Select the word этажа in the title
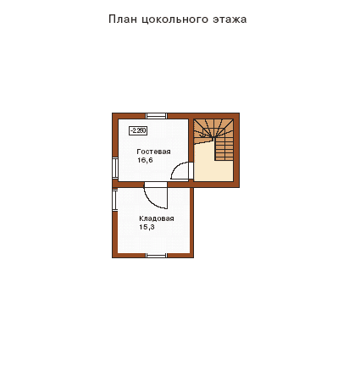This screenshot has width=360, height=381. [230, 19]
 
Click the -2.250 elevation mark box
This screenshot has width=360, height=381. [138, 130]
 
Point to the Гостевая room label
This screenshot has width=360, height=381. [153, 152]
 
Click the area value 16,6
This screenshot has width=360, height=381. [145, 160]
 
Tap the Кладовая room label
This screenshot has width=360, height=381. [157, 218]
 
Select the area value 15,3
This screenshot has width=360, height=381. [147, 227]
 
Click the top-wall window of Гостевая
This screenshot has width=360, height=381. [156, 116]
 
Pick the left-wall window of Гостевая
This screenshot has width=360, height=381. [115, 168]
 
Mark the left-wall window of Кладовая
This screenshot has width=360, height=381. [115, 200]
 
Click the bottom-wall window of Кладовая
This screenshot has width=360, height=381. [156, 255]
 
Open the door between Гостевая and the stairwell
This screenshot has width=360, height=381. [181, 171]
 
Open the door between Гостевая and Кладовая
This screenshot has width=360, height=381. [156, 196]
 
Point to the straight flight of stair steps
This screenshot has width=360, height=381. [224, 149]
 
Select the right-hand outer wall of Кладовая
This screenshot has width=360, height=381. [191, 223]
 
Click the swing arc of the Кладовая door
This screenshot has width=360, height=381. [151, 202]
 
